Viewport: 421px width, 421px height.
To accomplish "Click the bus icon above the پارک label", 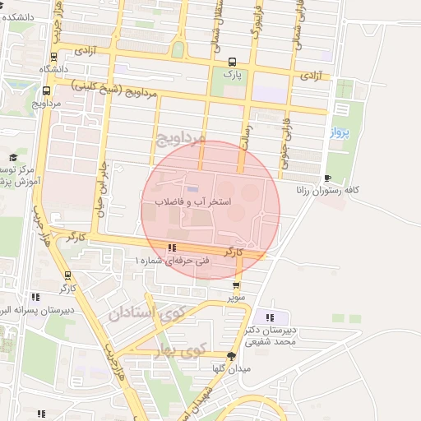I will point(232,61).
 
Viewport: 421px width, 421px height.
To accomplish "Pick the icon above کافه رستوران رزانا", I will point(328,178).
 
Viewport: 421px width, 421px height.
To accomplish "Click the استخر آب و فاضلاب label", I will point(192,201).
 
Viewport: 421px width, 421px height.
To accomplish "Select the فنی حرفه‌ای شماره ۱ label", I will point(173,260).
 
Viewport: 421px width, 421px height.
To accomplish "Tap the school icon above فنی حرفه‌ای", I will point(171,248).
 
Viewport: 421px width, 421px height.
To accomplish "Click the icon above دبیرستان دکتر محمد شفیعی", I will point(271,317).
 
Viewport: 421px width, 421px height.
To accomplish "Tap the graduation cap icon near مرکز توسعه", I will point(12,156).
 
